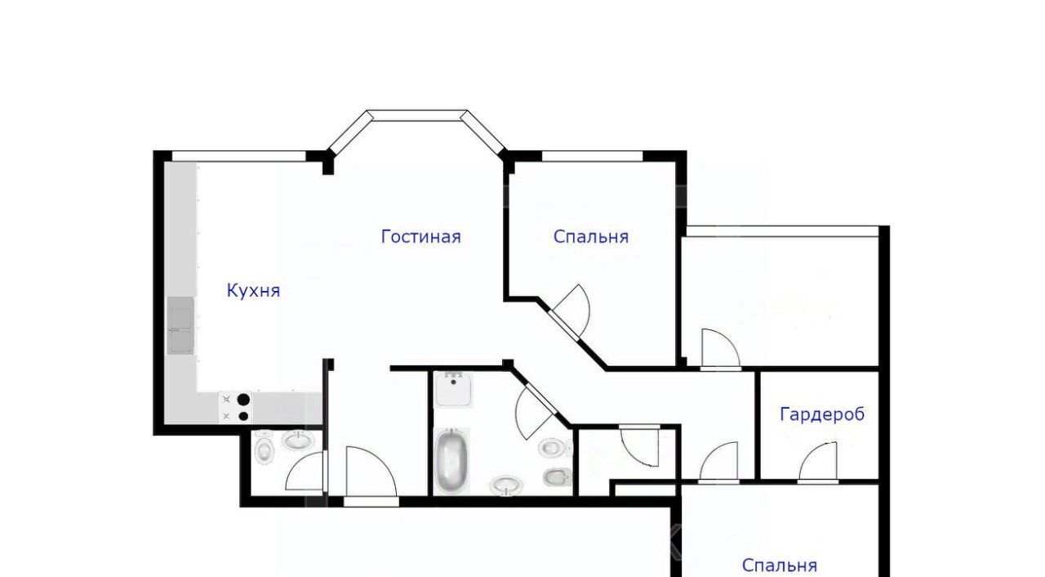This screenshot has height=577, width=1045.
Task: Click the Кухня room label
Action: [x=253, y=291]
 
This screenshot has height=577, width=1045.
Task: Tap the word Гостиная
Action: [x=420, y=237]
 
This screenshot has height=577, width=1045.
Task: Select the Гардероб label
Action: [x=822, y=414]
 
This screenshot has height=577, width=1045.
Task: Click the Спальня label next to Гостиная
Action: [x=590, y=237]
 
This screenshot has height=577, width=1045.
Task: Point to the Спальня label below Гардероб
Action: [x=779, y=566]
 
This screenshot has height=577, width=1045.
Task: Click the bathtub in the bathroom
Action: [x=451, y=460]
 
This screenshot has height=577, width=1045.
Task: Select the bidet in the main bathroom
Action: [x=557, y=476]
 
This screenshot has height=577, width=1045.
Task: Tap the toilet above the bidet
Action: [x=554, y=448]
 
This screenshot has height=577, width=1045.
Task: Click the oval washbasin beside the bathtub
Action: [x=506, y=485]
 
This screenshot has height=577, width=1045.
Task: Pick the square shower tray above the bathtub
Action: [x=453, y=388]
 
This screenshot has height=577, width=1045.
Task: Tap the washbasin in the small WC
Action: [x=298, y=441]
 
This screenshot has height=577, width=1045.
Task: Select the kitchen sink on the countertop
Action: [x=180, y=325]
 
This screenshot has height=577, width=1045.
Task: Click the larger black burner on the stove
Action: [x=243, y=400]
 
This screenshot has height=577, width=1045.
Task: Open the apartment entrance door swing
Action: [x=371, y=472]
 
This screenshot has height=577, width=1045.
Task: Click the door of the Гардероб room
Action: [x=818, y=461]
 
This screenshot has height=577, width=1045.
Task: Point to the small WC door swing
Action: [x=305, y=471]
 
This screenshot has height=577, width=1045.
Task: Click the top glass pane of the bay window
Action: [x=417, y=115]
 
